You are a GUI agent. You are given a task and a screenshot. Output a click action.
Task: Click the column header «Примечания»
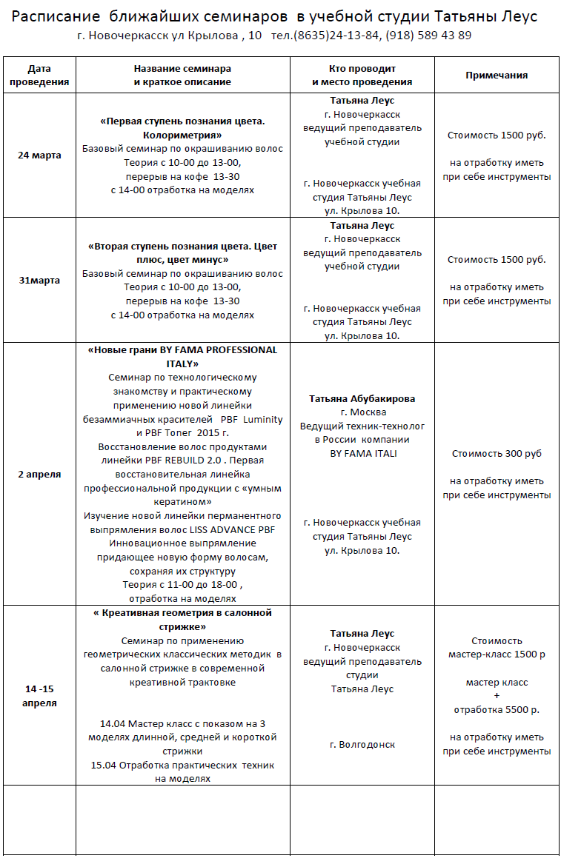tap(497, 76)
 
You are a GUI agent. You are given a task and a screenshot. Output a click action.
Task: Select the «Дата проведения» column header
tap(39, 76)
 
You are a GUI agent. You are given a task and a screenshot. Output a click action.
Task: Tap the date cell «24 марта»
tap(39, 155)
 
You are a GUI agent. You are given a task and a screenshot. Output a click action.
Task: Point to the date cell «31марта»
tap(39, 281)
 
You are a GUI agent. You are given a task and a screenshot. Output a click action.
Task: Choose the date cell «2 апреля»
tap(39, 474)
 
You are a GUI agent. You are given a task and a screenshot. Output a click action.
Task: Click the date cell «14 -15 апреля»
tap(39, 696)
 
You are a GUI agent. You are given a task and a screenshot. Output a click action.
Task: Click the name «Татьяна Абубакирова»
tap(362, 398)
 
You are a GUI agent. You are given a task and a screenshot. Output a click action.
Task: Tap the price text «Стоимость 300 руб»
tap(497, 453)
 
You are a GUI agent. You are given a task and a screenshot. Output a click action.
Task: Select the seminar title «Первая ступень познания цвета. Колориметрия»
tap(182, 127)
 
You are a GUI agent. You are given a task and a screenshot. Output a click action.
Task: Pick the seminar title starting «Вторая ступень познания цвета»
tap(182, 252)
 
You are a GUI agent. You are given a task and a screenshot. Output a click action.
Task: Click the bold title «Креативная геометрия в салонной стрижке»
tap(182, 620)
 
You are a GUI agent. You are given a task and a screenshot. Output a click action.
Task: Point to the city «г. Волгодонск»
tap(362, 745)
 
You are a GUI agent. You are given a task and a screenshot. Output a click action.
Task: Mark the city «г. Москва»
tap(362, 412)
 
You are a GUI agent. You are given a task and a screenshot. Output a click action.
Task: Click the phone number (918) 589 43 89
tap(428, 36)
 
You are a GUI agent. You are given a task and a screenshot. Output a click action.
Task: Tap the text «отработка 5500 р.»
tap(497, 709)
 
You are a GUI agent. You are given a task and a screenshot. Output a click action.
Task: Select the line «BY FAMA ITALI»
tap(362, 454)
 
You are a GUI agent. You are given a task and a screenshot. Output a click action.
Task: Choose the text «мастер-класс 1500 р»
tap(497, 654)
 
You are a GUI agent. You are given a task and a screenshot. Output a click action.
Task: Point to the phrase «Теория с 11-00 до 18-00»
tap(181, 585)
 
